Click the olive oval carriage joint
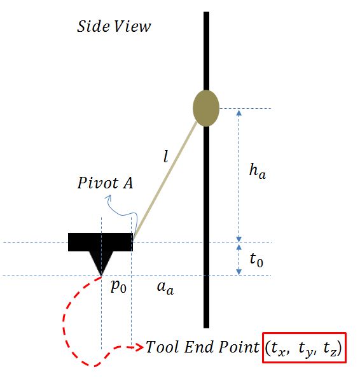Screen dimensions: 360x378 click(x=206, y=108)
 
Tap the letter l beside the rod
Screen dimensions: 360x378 click(x=165, y=156)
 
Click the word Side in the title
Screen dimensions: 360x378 click(x=93, y=26)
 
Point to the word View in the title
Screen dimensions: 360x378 click(x=132, y=26)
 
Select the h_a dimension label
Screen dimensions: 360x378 click(x=258, y=171)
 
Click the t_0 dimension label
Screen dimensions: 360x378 click(x=256, y=260)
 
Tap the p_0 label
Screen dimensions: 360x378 click(x=118, y=287)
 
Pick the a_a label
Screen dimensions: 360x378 click(x=165, y=288)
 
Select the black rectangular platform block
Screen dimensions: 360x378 click(x=100, y=242)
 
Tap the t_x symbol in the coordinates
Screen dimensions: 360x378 click(x=277, y=349)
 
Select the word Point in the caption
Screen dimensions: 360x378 click(x=239, y=347)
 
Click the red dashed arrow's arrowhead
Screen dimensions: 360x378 click(x=139, y=347)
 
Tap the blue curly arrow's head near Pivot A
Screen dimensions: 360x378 click(x=109, y=198)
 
